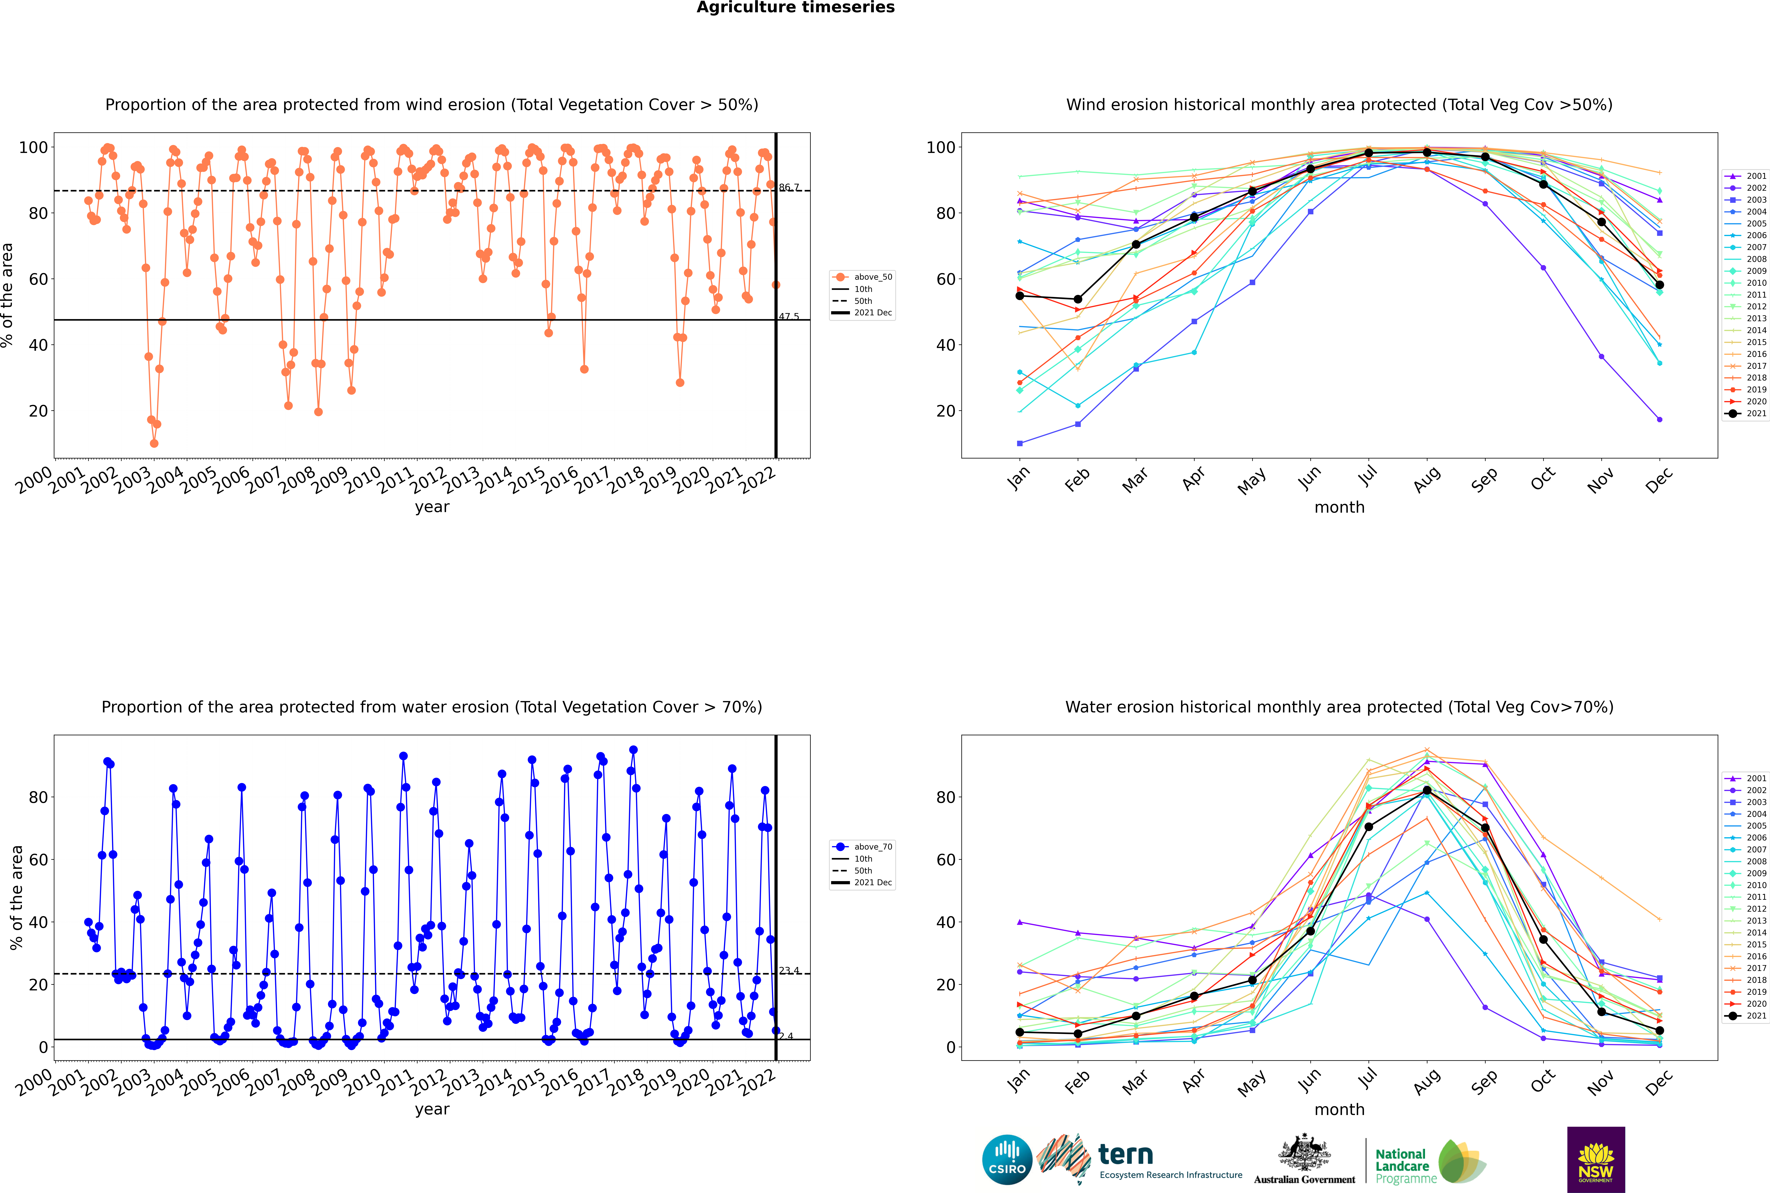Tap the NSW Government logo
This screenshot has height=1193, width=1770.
pyautogui.click(x=1596, y=1159)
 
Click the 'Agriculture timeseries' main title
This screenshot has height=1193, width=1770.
pyautogui.click(x=795, y=8)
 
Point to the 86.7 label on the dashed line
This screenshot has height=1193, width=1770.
pyautogui.click(x=789, y=187)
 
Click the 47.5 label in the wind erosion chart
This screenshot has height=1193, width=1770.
pyautogui.click(x=789, y=316)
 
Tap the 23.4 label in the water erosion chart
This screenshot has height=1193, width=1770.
pyautogui.click(x=789, y=971)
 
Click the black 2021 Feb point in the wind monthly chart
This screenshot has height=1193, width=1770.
pyautogui.click(x=1078, y=299)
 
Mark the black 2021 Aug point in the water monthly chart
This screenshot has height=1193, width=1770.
pyautogui.click(x=1427, y=790)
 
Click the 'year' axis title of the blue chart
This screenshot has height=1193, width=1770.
pyautogui.click(x=432, y=1109)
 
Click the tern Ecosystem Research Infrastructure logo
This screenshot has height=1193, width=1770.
pyautogui.click(x=1139, y=1160)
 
